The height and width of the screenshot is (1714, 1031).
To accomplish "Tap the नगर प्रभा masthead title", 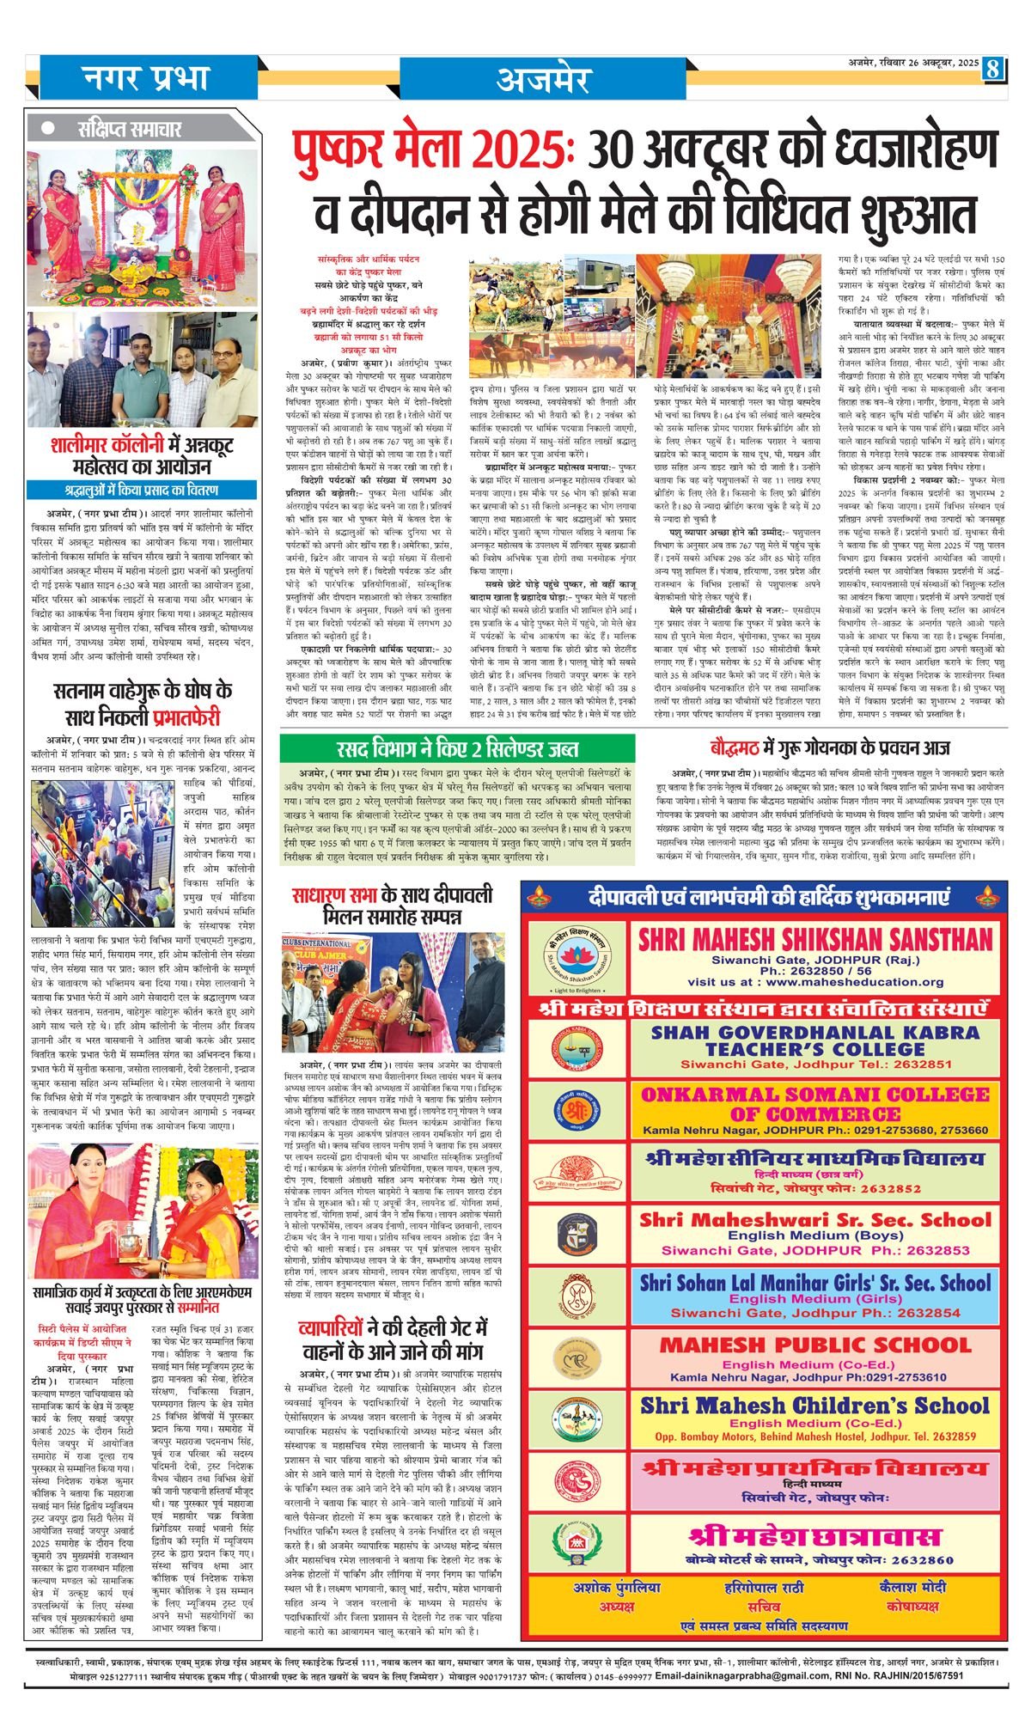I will pyautogui.click(x=146, y=78).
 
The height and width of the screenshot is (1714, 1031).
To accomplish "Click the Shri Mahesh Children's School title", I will pyautogui.click(x=814, y=1406).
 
